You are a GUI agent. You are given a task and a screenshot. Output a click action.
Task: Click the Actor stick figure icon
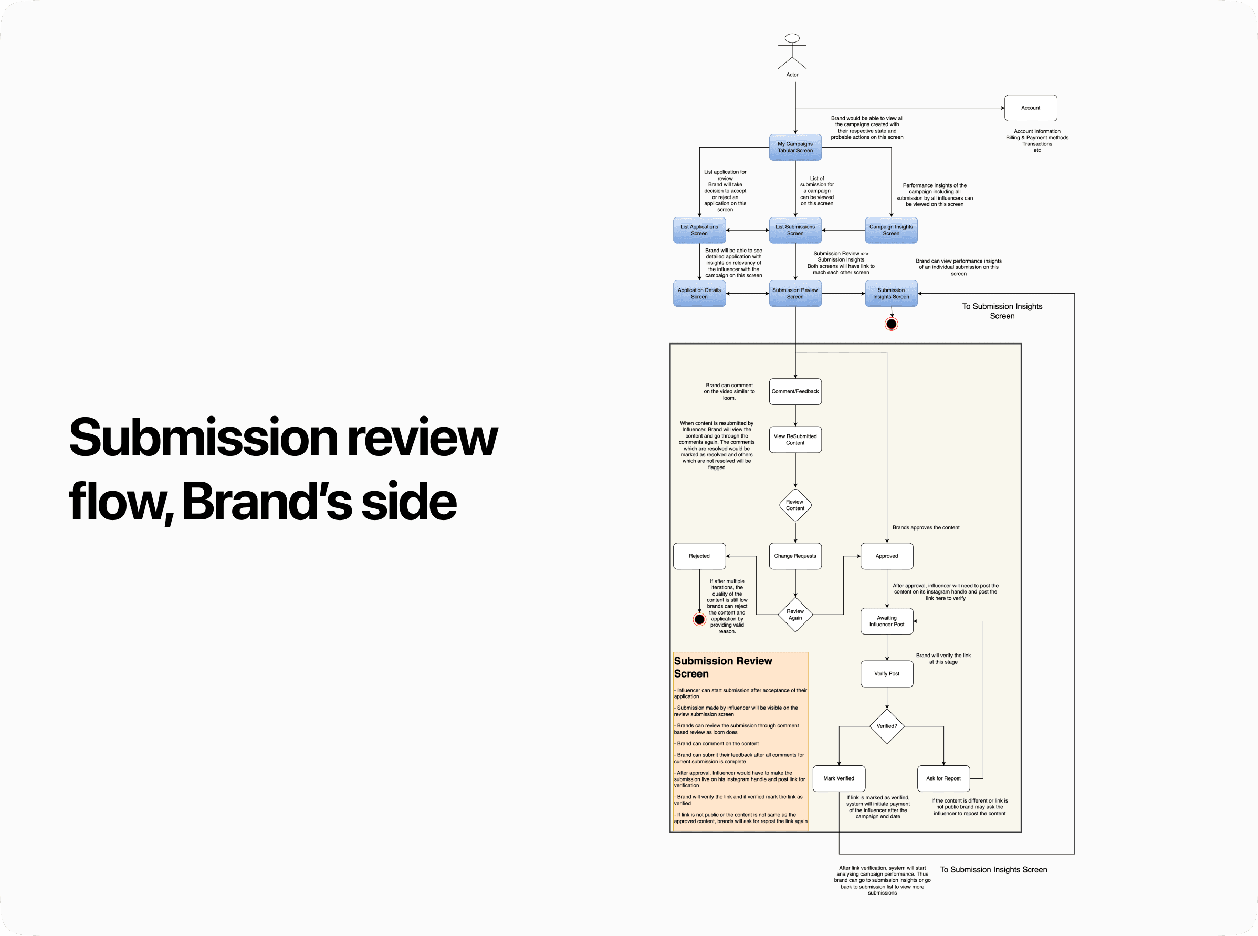[x=792, y=51]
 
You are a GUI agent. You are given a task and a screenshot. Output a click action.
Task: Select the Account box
[x=1030, y=108]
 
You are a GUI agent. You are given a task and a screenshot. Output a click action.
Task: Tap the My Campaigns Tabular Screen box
[x=795, y=147]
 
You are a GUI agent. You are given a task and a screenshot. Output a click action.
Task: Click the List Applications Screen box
[x=699, y=230]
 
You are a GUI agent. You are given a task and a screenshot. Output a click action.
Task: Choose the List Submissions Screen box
[x=795, y=230]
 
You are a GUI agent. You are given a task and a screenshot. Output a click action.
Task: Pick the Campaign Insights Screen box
[x=891, y=230]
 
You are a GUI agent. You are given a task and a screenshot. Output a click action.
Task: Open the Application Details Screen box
[x=699, y=294]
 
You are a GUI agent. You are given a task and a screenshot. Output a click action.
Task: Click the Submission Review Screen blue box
[x=795, y=294]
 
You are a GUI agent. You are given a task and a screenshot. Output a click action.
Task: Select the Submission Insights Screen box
[x=891, y=294]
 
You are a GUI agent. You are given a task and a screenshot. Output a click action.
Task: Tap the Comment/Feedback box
[x=795, y=391]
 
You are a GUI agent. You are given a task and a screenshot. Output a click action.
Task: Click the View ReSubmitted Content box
[x=795, y=440]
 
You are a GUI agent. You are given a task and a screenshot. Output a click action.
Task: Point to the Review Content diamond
[x=795, y=505]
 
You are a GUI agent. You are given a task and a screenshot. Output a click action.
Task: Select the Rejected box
[x=699, y=556]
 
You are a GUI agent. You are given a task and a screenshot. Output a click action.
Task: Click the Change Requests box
[x=795, y=556]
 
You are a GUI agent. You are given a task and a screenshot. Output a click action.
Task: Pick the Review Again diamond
[x=795, y=615]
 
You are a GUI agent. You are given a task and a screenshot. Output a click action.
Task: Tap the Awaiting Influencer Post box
[x=886, y=621]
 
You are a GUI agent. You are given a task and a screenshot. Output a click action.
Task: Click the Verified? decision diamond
[x=886, y=726]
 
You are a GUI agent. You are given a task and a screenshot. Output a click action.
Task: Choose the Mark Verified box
[x=838, y=778]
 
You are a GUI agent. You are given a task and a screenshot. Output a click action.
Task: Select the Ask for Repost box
[x=943, y=778]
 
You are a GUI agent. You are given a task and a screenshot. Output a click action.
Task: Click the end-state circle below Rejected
[x=699, y=619]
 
